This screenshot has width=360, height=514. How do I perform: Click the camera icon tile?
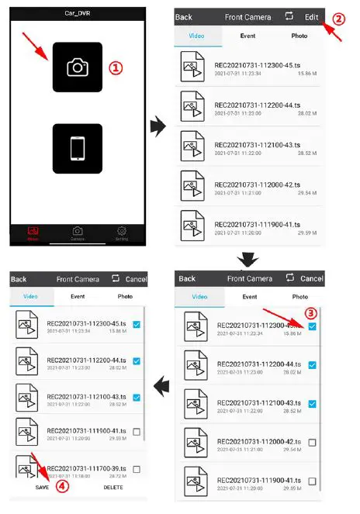[x=77, y=67]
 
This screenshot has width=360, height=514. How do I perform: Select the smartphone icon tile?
[x=77, y=148]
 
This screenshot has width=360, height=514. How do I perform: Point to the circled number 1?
[x=114, y=67]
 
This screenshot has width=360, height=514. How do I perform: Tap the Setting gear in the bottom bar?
[x=121, y=232]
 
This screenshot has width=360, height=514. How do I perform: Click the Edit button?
[x=311, y=16]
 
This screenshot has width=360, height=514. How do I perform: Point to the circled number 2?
[x=338, y=17]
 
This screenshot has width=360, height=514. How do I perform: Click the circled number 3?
[x=310, y=314]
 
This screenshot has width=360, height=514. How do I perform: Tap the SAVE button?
[x=42, y=487]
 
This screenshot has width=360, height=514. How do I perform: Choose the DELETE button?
[x=113, y=487]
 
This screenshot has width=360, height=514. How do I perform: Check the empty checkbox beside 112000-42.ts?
[x=312, y=442]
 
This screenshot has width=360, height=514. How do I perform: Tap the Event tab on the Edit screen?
[x=250, y=296]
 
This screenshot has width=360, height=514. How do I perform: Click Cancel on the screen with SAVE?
[x=136, y=279]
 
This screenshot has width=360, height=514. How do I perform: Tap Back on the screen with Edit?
[x=184, y=16]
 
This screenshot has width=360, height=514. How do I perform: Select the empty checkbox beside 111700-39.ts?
[x=136, y=469]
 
